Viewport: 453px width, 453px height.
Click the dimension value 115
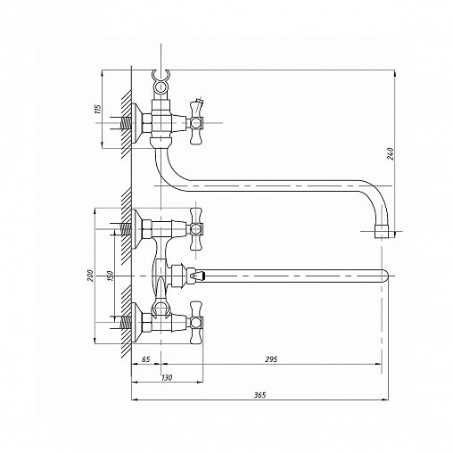point(98,109)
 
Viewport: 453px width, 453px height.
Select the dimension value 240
point(391,153)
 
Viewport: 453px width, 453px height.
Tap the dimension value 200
point(91,276)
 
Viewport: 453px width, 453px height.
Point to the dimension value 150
point(110,276)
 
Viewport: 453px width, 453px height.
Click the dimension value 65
point(145,359)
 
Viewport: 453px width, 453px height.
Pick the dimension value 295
point(271,359)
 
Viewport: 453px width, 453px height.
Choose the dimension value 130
point(167,378)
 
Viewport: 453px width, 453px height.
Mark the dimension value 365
point(259,395)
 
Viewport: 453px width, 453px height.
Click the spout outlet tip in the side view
point(382,231)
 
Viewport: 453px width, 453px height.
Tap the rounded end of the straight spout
point(385,276)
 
